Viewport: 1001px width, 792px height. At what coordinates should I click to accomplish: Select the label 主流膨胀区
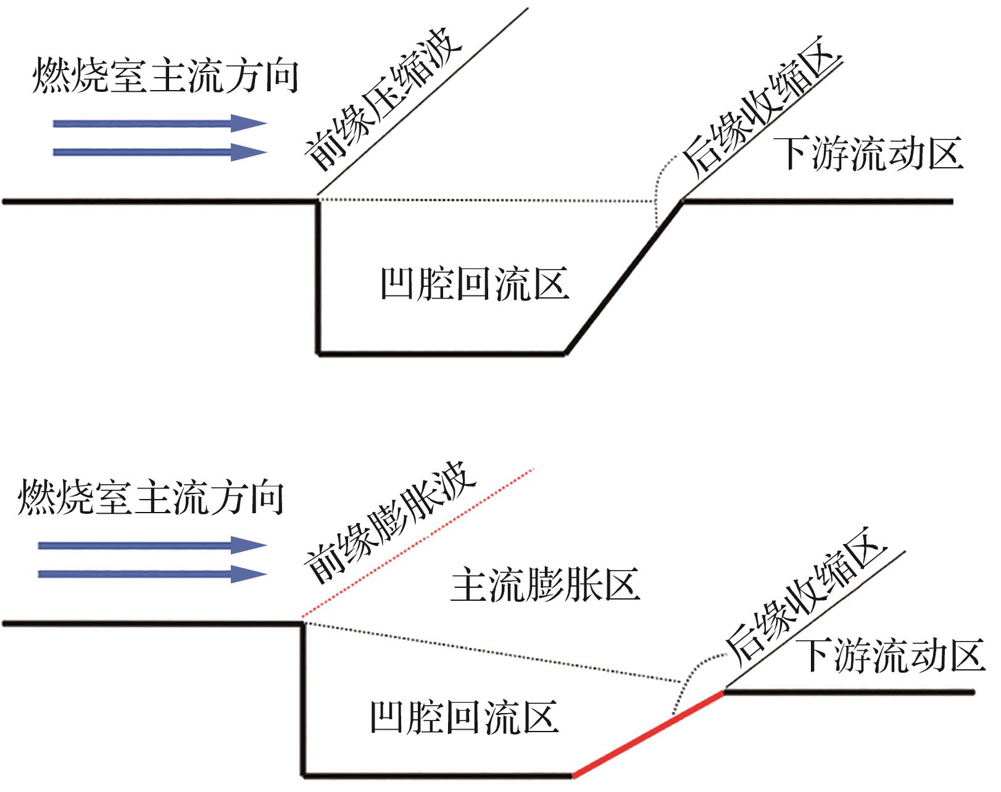(x=545, y=585)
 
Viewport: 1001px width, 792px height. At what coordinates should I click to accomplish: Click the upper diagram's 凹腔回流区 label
(x=475, y=284)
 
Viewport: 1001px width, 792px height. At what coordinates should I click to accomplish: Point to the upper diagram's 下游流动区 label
(x=868, y=154)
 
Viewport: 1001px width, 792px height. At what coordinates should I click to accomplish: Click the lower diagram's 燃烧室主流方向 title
(x=151, y=497)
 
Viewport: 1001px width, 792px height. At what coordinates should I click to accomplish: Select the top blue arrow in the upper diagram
(x=160, y=124)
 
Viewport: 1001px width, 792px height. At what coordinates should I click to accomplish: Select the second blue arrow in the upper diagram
(x=160, y=152)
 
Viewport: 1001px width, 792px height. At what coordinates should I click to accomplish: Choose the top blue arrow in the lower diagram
(x=152, y=545)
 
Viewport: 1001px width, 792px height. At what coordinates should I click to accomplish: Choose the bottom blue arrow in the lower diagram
(x=152, y=574)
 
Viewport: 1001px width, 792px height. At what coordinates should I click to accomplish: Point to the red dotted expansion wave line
(x=418, y=543)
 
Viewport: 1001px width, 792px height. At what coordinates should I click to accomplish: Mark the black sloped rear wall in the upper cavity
(x=624, y=277)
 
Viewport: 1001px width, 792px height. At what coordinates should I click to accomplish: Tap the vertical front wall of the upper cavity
(x=318, y=277)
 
